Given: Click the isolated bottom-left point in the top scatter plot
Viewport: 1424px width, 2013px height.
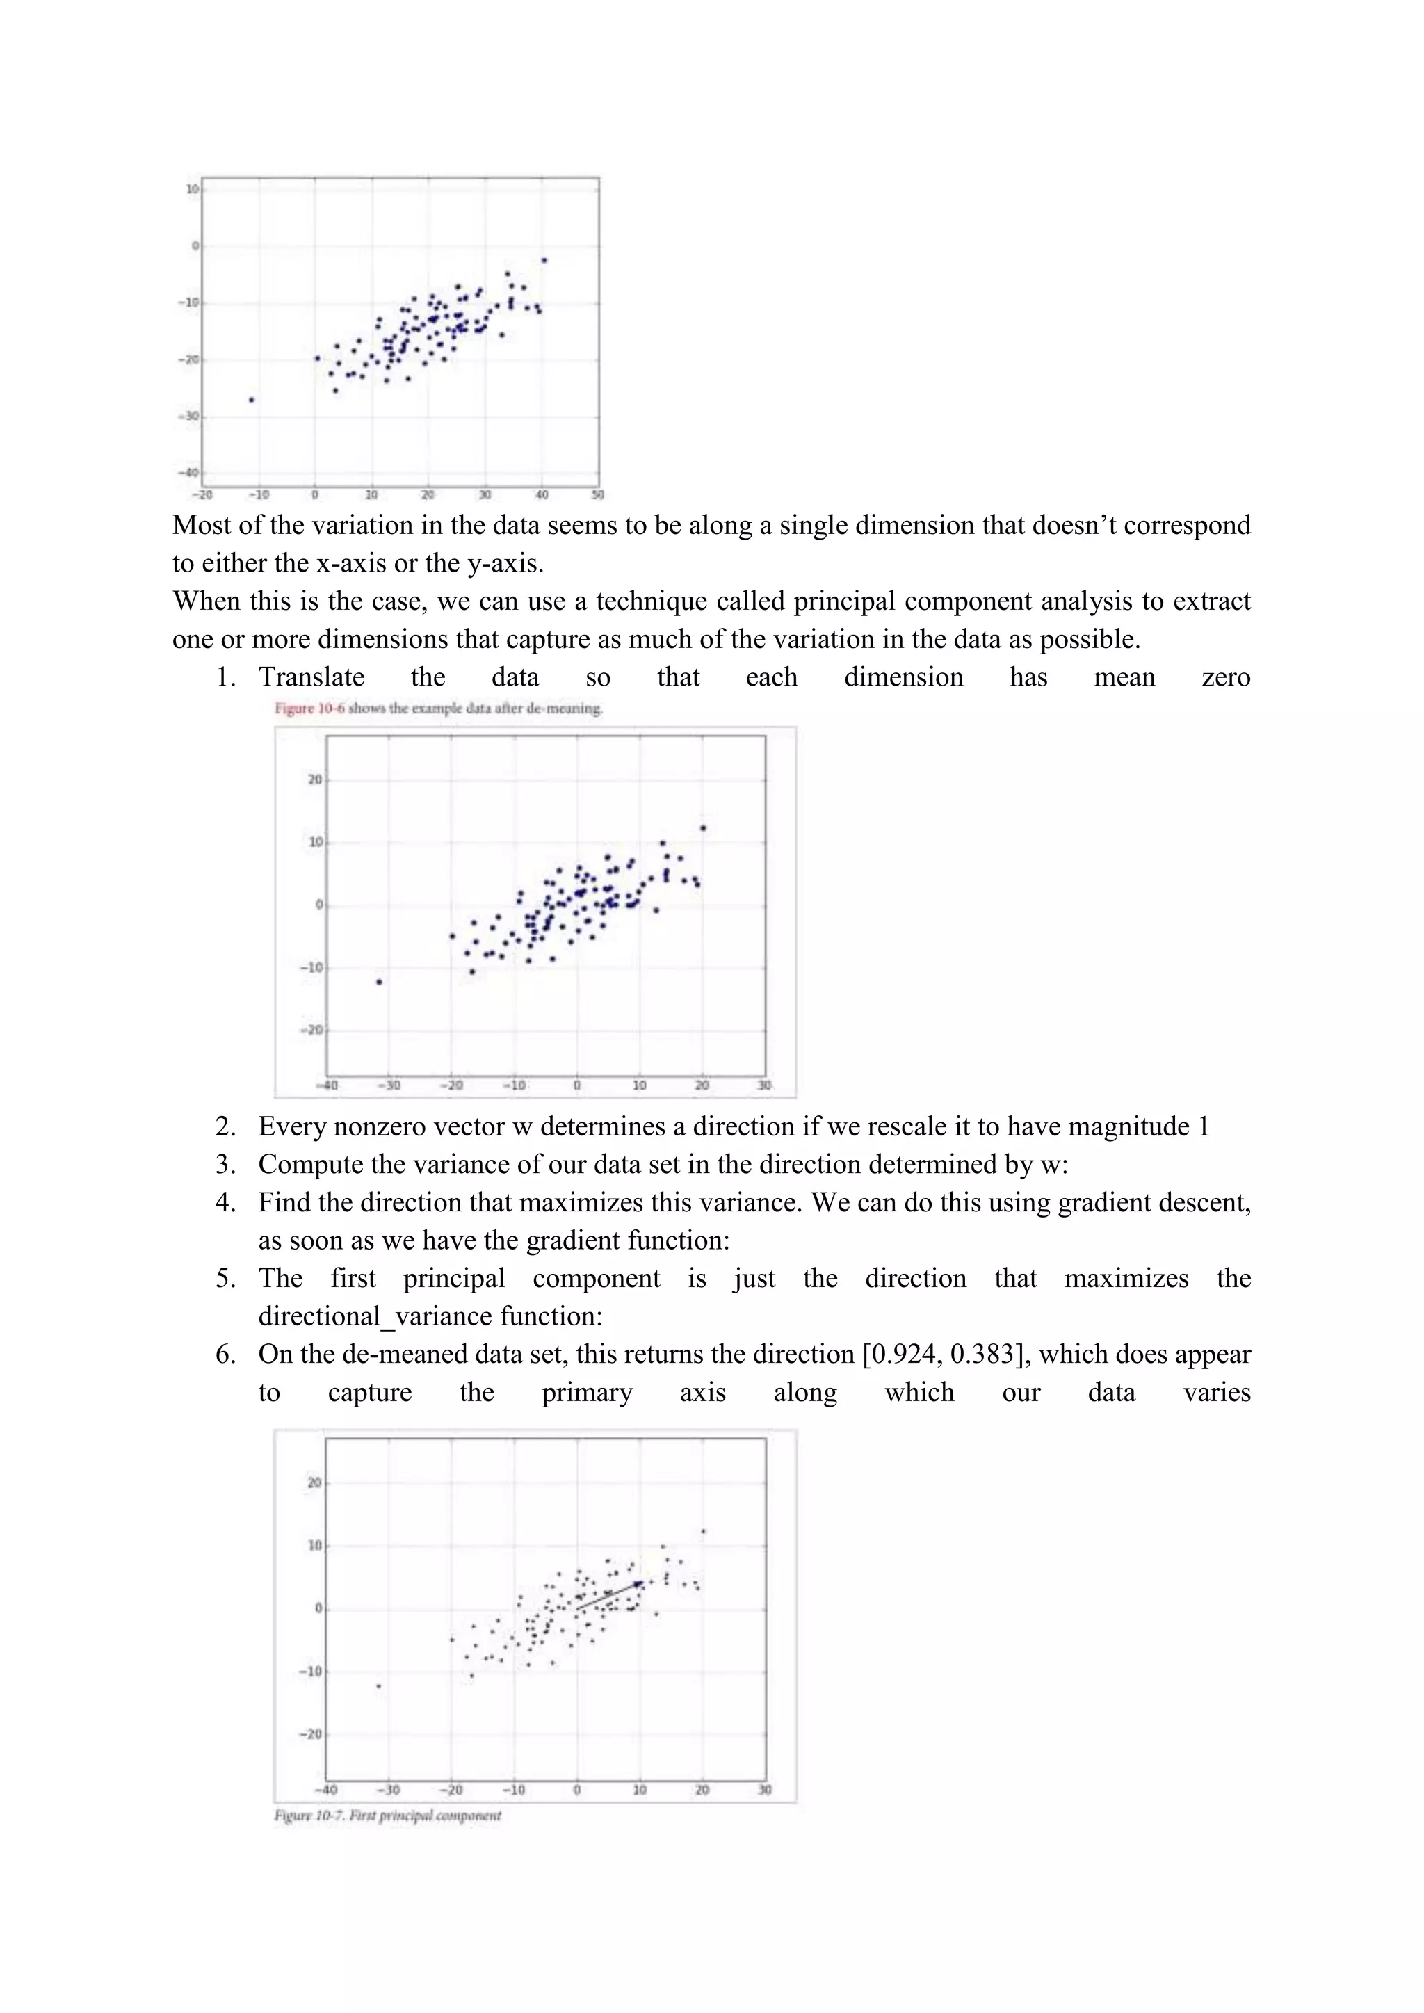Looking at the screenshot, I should coord(252,400).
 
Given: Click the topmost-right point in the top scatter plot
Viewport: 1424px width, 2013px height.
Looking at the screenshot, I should coord(544,260).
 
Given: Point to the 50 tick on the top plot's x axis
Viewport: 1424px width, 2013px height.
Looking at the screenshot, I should coord(598,495).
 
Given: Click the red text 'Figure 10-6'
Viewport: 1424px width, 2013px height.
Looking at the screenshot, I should coord(309,709).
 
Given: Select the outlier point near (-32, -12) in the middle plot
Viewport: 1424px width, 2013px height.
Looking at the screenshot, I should coord(379,982).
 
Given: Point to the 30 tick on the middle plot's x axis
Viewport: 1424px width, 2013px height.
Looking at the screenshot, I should coord(765,1085).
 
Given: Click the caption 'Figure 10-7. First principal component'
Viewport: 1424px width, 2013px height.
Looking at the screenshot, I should coord(387,1815).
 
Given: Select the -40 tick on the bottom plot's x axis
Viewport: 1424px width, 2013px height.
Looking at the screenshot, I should coord(326,1789).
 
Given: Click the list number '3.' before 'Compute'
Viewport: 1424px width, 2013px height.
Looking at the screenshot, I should coord(225,1164).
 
